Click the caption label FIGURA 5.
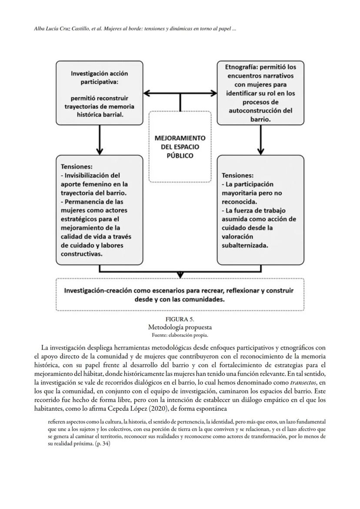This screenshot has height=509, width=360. click(x=180, y=319)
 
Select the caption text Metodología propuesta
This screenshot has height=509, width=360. click(x=180, y=327)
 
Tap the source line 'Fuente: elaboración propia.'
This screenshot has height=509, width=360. click(x=180, y=335)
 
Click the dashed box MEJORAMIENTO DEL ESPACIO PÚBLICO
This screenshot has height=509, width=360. click(x=180, y=146)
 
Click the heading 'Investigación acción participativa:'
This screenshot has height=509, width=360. click(x=100, y=78)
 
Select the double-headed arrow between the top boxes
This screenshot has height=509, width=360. click(x=180, y=93)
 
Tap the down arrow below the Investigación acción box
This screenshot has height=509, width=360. click(x=100, y=139)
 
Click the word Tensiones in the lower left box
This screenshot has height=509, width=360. click(x=77, y=166)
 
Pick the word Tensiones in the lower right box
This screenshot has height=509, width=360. click(x=237, y=175)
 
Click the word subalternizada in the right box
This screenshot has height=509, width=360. click(x=245, y=245)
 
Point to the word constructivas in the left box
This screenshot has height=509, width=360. click(x=82, y=253)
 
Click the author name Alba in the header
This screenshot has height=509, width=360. click(x=40, y=29)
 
